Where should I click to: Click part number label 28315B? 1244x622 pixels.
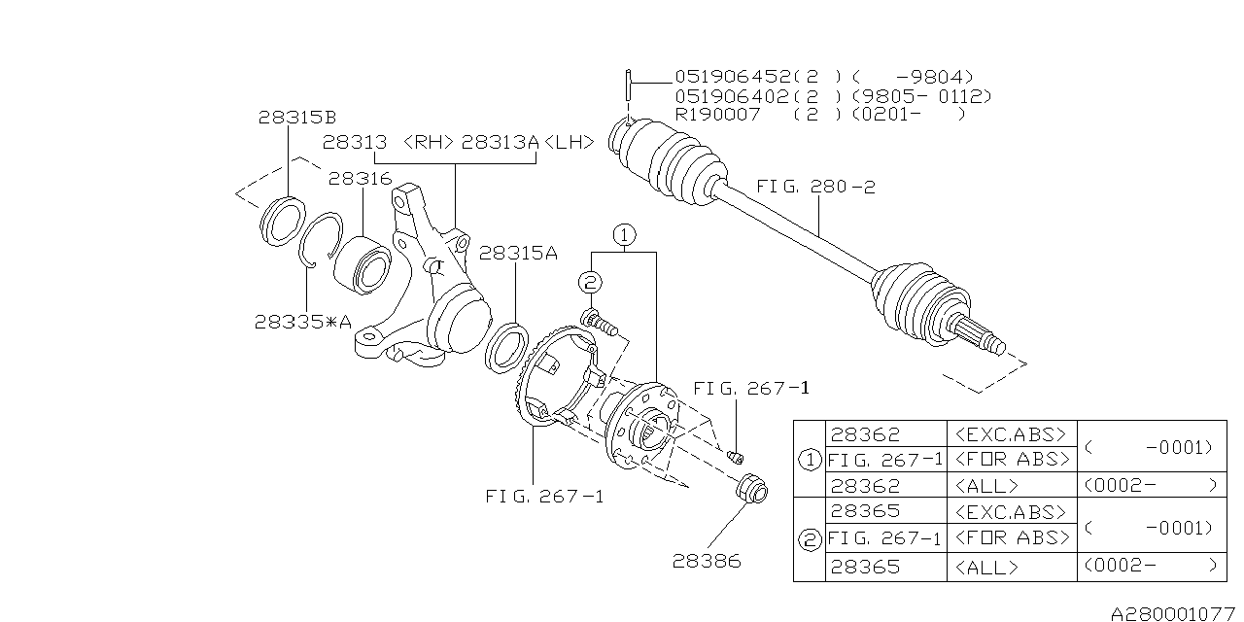297,117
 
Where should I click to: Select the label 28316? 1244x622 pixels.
360,179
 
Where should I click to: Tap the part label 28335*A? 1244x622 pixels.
302,321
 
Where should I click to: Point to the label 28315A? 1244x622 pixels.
518,253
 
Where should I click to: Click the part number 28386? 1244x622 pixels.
706,561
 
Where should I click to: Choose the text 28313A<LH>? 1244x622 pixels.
528,142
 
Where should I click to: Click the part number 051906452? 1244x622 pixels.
734,76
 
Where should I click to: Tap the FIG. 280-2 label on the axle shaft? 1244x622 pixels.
814,187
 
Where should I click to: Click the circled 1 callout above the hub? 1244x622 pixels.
624,234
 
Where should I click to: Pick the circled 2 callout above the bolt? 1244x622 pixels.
589,282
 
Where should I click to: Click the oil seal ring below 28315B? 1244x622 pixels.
284,221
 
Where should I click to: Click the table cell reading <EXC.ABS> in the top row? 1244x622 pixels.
1011,433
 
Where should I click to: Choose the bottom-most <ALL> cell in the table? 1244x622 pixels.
987,567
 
